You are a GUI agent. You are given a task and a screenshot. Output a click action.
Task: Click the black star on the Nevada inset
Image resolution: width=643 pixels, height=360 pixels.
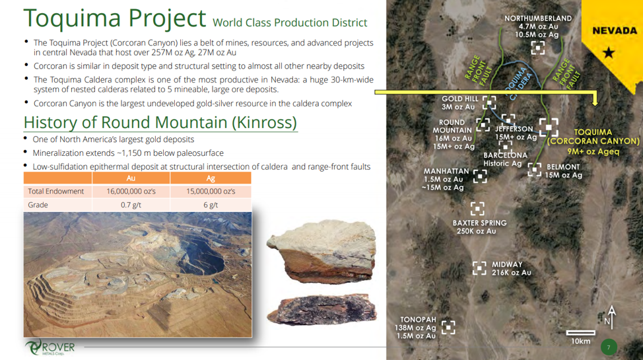click(609, 53)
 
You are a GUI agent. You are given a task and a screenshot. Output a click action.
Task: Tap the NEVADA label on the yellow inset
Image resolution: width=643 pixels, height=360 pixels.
click(615, 31)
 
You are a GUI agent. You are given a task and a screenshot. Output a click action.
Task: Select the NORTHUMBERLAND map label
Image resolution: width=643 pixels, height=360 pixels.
click(537, 18)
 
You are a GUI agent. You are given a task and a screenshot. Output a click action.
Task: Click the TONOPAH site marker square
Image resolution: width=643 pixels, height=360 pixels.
click(448, 328)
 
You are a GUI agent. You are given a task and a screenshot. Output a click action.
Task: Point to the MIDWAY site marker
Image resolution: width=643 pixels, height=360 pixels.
click(479, 268)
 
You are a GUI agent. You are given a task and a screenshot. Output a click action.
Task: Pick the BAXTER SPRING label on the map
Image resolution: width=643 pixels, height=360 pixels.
click(479, 223)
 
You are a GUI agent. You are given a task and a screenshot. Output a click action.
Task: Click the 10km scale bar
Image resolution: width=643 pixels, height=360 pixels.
click(581, 332)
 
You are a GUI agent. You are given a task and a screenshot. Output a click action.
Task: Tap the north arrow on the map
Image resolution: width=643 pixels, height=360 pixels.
click(611, 317)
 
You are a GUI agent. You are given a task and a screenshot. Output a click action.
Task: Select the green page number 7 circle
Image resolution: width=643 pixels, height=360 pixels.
click(609, 347)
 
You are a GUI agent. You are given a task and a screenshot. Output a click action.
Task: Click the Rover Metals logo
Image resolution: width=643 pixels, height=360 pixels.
click(50, 347)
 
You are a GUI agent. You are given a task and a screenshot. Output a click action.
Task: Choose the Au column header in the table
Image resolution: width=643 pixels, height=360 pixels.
click(131, 178)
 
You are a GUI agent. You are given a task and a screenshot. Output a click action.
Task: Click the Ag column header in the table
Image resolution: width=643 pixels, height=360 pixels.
click(211, 178)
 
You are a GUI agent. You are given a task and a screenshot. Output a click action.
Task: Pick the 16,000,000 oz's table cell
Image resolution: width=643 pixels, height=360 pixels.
click(131, 192)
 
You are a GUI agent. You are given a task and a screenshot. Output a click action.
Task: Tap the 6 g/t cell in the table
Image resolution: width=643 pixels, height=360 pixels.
click(211, 205)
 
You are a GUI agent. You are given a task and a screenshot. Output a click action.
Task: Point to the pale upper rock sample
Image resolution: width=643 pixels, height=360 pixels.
click(322, 251)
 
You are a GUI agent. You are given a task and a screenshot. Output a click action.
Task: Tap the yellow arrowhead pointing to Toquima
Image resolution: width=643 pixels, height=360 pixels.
click(595, 101)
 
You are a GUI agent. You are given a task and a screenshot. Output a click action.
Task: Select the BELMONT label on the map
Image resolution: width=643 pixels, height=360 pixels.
click(563, 167)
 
